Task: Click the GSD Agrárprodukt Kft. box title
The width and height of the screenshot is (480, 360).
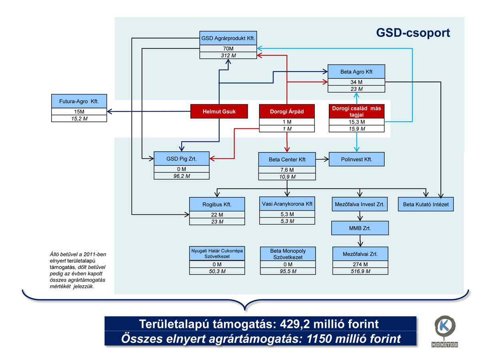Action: point(228,38)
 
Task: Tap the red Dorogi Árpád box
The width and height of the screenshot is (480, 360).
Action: point(287,112)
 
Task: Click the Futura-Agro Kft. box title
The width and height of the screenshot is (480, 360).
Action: point(79,101)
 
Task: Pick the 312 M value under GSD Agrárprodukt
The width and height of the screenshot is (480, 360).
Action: point(228,56)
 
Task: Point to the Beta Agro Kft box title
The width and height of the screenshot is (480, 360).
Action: point(356,72)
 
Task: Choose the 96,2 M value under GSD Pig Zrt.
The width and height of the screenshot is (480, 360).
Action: point(182,176)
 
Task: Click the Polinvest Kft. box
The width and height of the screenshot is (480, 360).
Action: point(356,159)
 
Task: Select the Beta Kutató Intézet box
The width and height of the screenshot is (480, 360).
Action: point(426,204)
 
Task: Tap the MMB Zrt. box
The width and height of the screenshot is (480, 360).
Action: point(360,228)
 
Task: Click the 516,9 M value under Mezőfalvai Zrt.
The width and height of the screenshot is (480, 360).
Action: point(360,271)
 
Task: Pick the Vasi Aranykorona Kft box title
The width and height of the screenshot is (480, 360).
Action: point(287,204)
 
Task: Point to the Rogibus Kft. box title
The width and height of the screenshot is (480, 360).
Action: point(217,204)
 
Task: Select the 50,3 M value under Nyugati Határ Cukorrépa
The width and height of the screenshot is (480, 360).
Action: point(217,271)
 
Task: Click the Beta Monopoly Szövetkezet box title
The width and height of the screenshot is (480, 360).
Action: point(287,254)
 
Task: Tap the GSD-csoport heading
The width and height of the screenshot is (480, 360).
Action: point(413,33)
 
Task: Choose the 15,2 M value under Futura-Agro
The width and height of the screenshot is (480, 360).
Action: point(79,118)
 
